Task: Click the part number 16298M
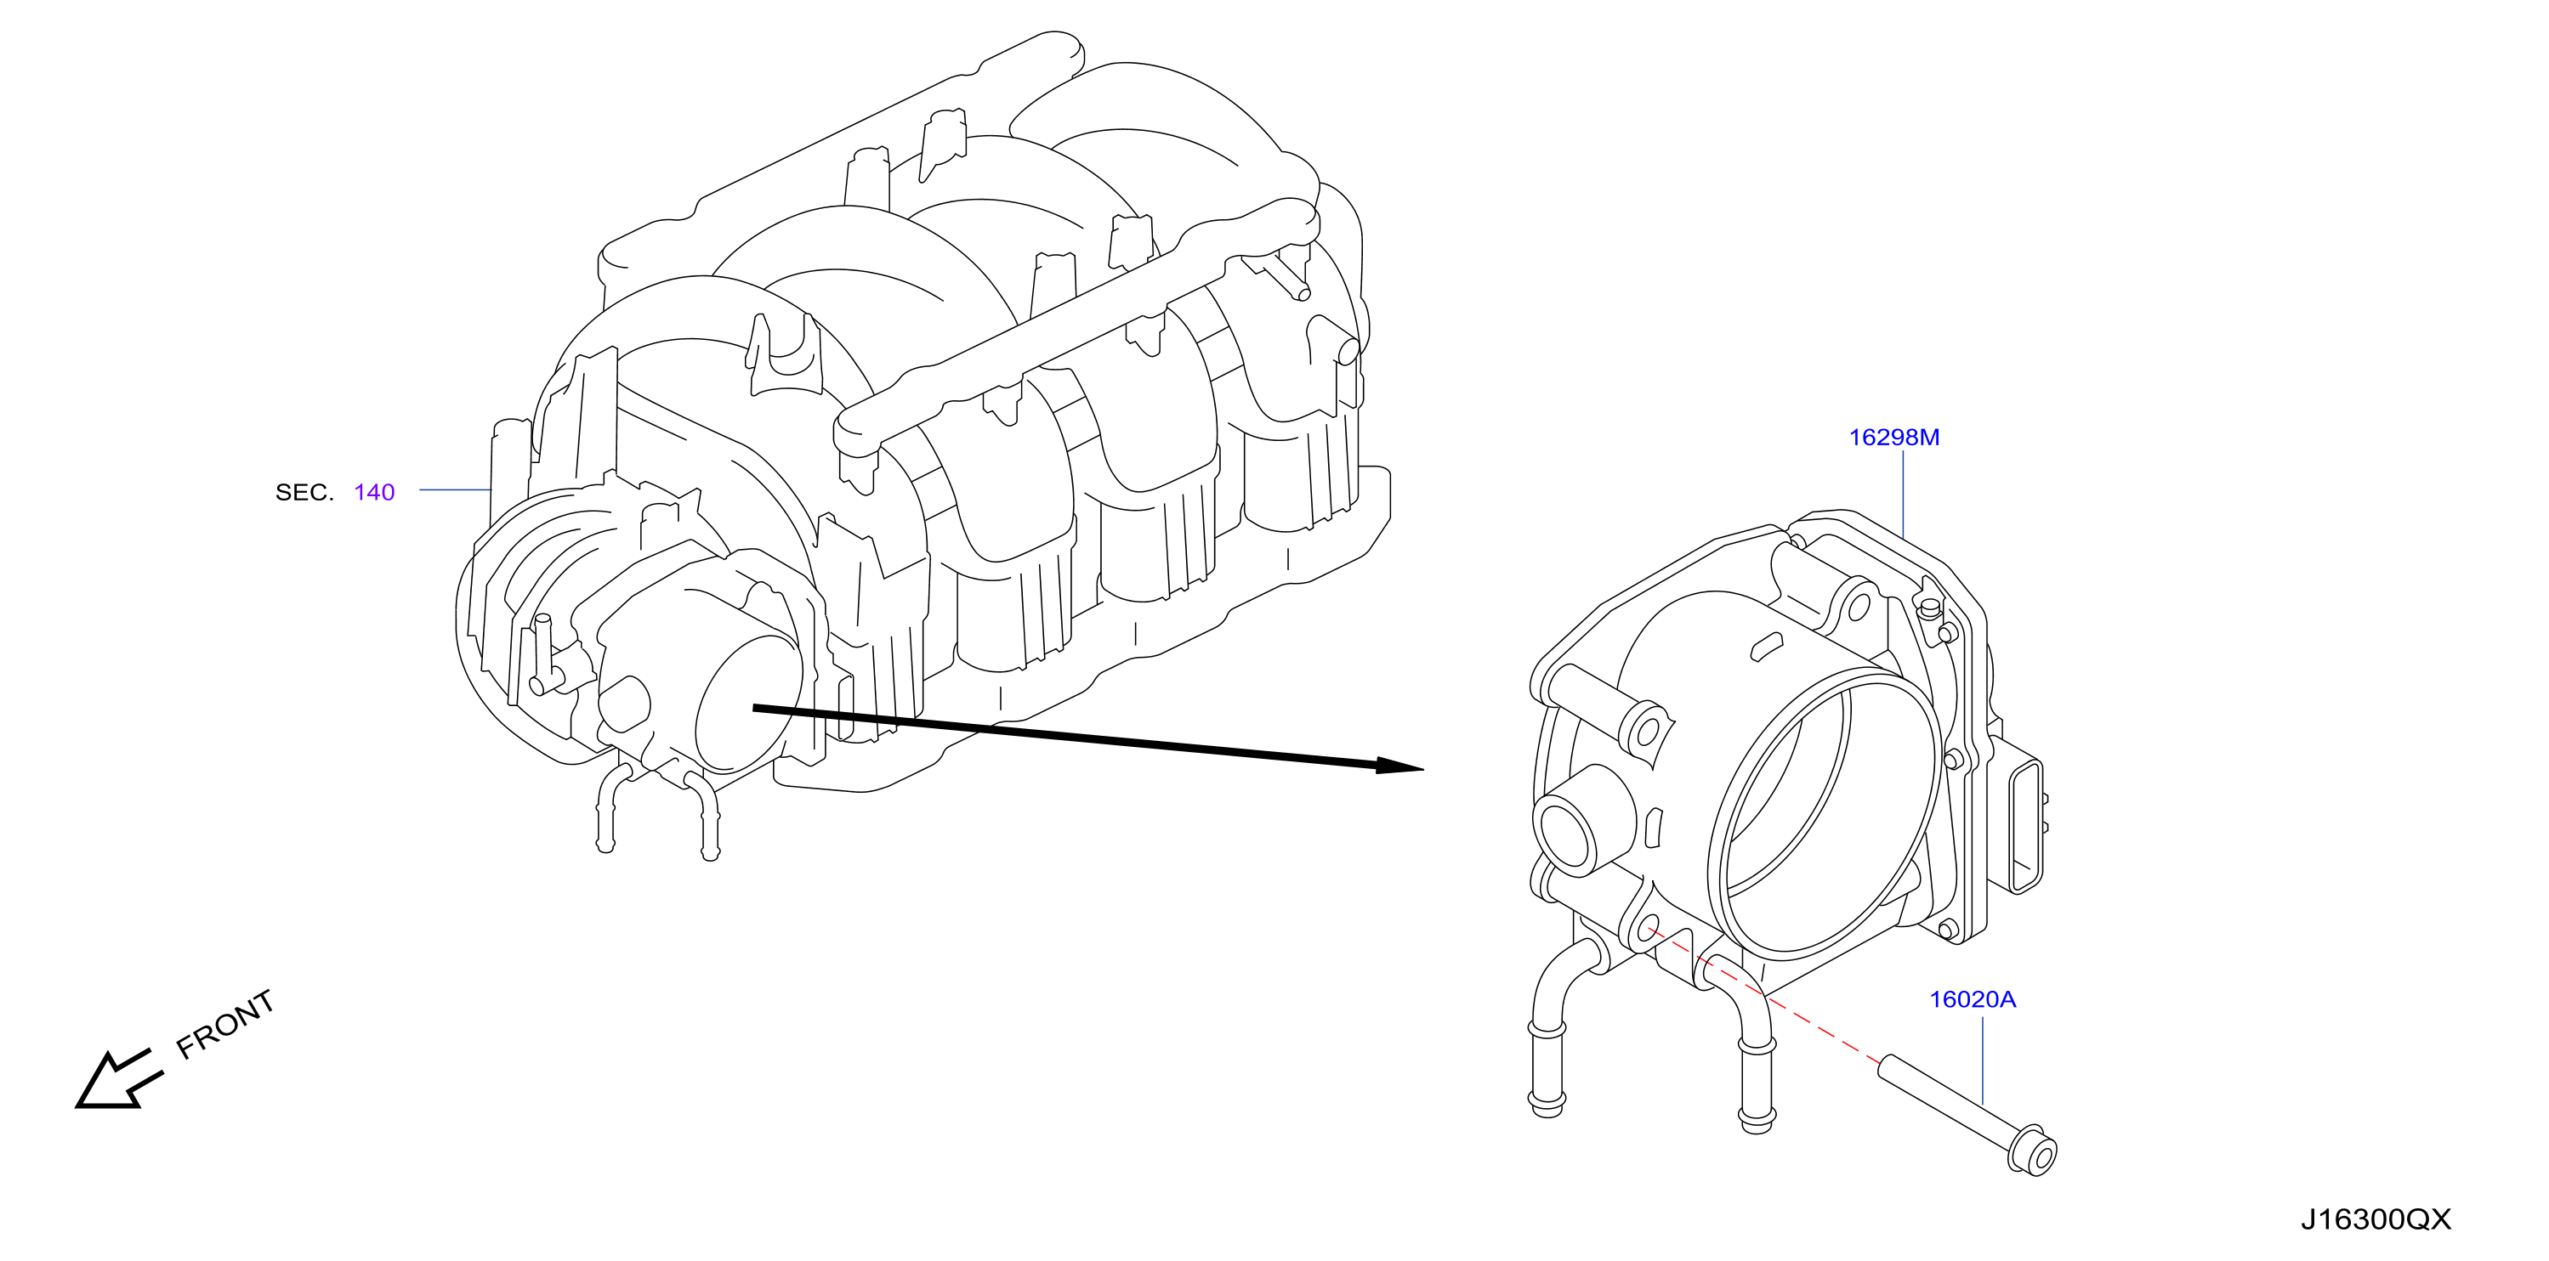click(1894, 437)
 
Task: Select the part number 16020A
click(1972, 1000)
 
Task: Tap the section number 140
click(374, 493)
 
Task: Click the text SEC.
click(304, 493)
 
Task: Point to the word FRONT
click(224, 1025)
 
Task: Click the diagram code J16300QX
click(2375, 1219)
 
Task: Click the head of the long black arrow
click(1399, 766)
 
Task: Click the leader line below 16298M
click(1903, 495)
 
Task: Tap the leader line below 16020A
click(1983, 1060)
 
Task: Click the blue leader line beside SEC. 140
click(455, 489)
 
